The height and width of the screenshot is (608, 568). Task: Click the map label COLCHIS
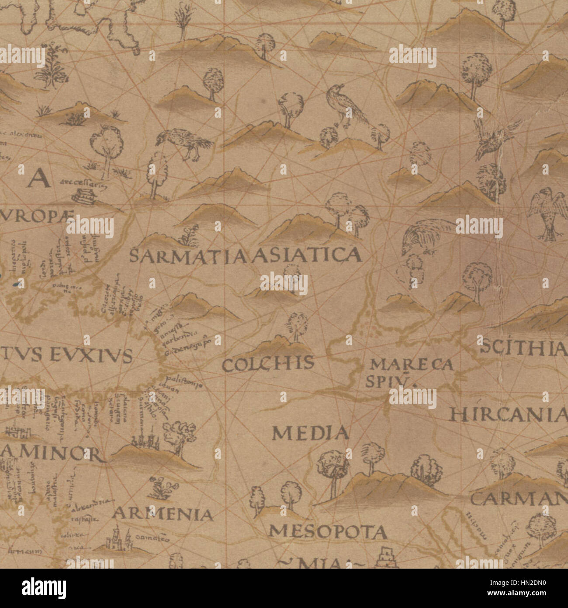tap(268, 363)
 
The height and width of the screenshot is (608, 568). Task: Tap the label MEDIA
tap(311, 433)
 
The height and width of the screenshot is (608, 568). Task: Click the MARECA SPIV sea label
tap(411, 372)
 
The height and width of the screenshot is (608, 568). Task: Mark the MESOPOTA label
tap(327, 531)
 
